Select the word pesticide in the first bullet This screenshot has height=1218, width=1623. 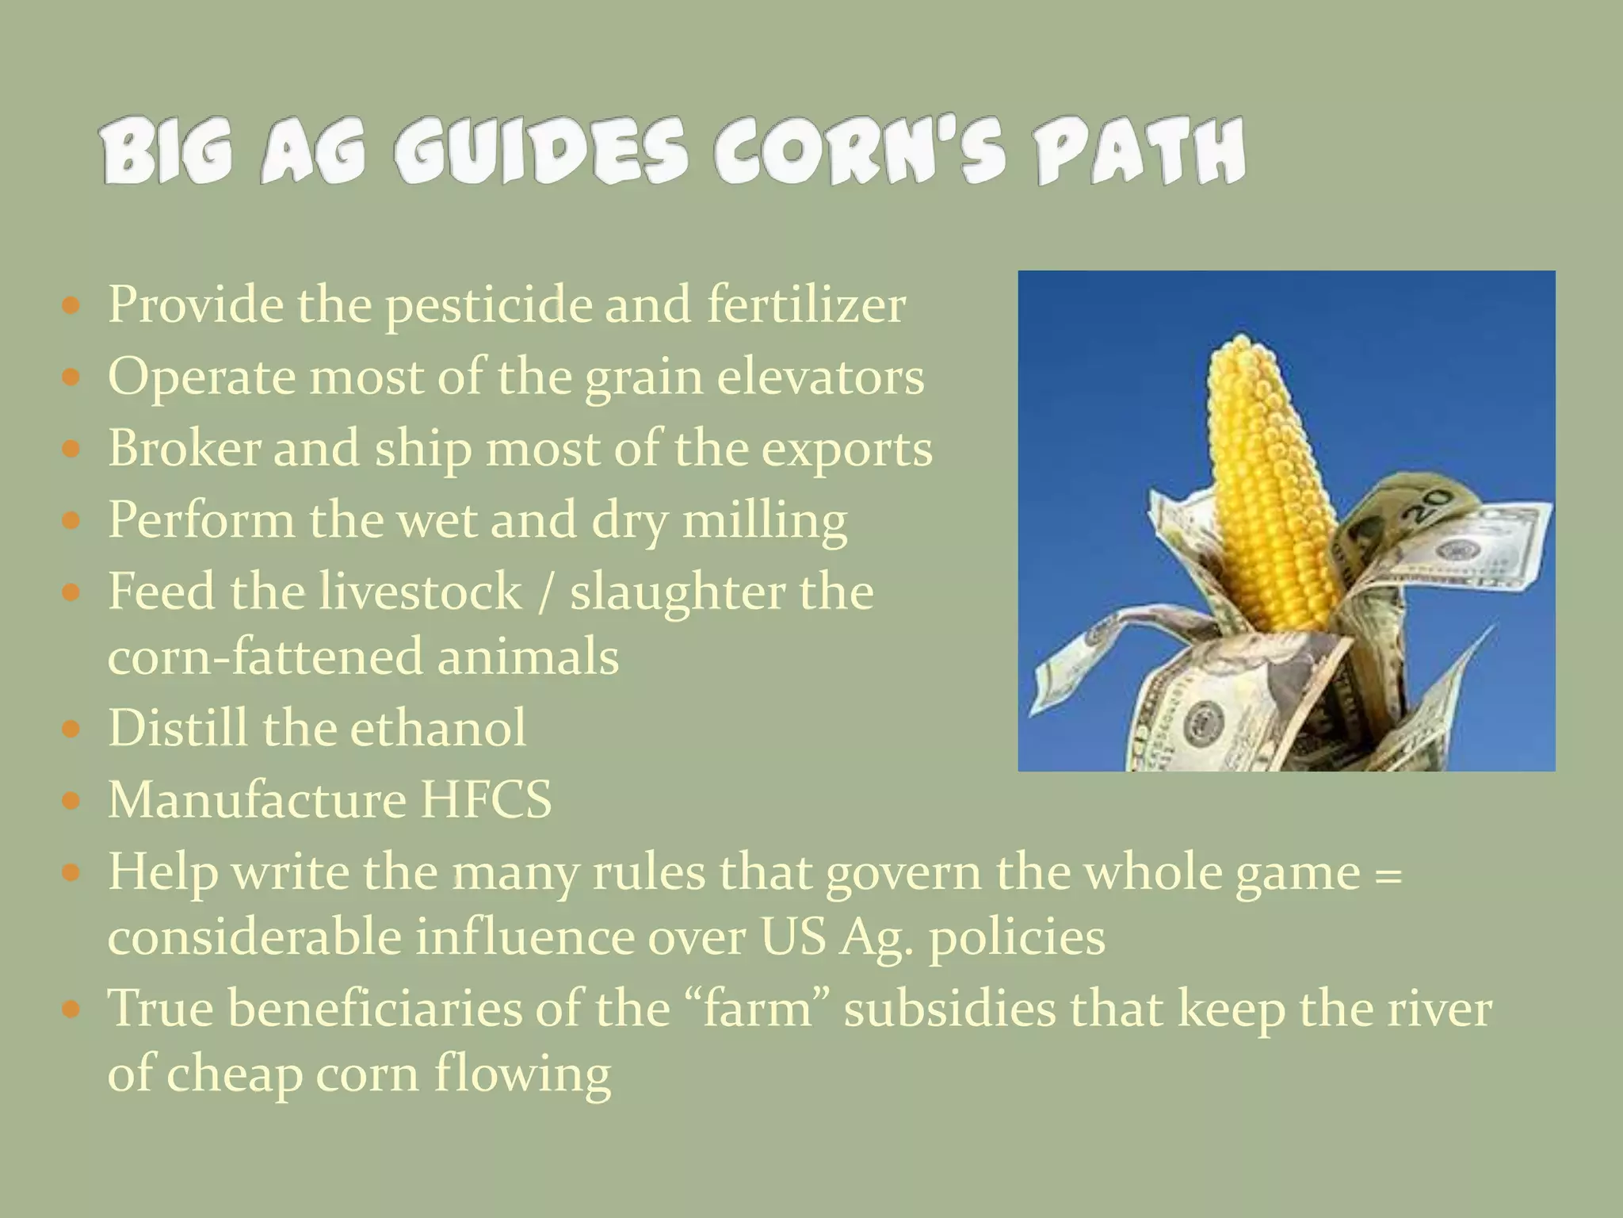488,305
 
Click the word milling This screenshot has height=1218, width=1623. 765,522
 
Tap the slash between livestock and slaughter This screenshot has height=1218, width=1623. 544,592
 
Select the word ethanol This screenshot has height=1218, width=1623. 437,728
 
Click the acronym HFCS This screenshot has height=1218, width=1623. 486,799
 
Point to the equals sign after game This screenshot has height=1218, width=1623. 1386,873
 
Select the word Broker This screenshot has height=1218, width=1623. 184,449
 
